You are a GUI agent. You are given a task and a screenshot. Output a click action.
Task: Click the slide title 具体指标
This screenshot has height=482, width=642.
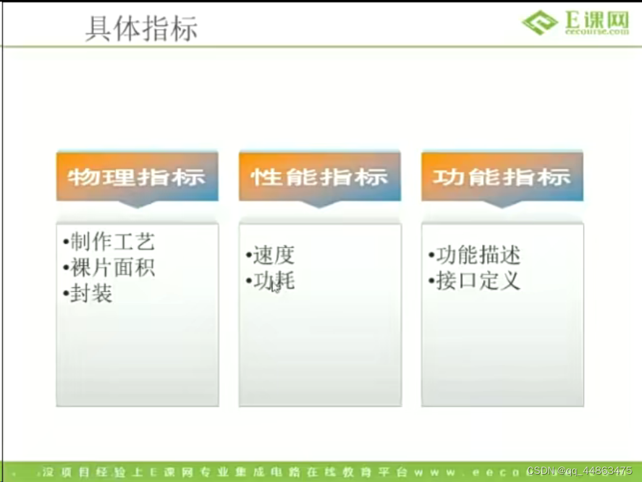click(141, 28)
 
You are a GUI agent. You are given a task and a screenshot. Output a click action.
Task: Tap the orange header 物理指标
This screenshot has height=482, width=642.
click(137, 177)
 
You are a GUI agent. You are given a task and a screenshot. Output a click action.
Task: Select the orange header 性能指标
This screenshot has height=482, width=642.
click(319, 177)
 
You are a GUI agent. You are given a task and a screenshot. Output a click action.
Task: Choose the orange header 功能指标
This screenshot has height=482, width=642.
click(502, 177)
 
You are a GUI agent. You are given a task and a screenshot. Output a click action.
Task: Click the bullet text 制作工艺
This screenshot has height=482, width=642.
click(112, 242)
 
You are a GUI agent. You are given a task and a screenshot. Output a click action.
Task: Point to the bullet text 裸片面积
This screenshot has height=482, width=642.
click(112, 268)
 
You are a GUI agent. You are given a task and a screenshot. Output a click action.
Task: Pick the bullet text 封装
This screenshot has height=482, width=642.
click(91, 294)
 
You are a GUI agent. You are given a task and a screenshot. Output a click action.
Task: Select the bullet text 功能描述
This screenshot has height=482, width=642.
click(478, 255)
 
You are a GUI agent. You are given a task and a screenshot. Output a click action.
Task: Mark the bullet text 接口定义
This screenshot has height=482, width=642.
click(478, 281)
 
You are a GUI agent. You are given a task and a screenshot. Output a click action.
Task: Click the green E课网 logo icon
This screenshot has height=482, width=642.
click(539, 22)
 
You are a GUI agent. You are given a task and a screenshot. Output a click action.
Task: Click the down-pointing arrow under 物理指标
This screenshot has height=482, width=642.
click(137, 204)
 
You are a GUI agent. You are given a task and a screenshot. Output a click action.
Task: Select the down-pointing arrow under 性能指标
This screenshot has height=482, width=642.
click(319, 204)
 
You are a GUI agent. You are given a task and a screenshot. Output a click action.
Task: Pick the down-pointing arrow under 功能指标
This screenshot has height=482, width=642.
click(502, 204)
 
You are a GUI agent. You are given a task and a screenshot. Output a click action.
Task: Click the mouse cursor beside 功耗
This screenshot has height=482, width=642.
click(275, 287)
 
